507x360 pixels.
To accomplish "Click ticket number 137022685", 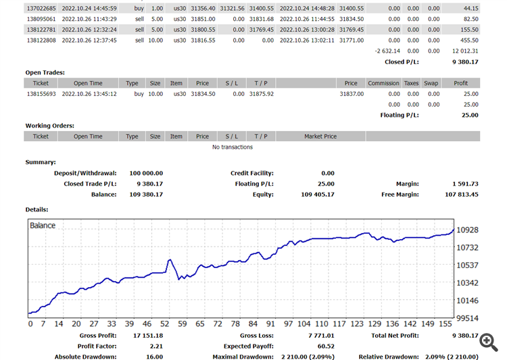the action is (41, 8).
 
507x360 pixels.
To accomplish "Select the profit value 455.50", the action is (469, 41).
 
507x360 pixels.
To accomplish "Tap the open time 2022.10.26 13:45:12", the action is (89, 94).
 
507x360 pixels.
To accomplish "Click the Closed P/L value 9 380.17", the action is (465, 62).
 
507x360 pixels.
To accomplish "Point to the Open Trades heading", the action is (45, 73).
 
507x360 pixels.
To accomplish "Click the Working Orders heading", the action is (50, 126).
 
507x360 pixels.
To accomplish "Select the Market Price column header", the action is (320, 136).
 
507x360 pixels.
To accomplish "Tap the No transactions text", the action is (233, 147).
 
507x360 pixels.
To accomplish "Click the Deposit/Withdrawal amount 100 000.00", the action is (146, 173).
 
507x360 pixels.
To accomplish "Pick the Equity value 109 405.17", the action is (318, 195).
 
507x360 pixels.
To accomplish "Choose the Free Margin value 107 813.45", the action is (462, 195).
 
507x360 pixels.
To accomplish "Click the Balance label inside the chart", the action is (43, 226).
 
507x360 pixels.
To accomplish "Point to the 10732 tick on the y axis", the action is (467, 248).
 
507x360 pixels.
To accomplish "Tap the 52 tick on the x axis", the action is (164, 324).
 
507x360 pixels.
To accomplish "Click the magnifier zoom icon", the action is (489, 342).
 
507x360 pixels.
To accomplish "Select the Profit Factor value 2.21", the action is (156, 346).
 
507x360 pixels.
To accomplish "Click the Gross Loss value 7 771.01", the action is (321, 336).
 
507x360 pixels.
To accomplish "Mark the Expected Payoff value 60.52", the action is (326, 346).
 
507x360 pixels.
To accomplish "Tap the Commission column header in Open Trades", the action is (383, 83).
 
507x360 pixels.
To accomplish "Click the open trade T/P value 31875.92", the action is (261, 94).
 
